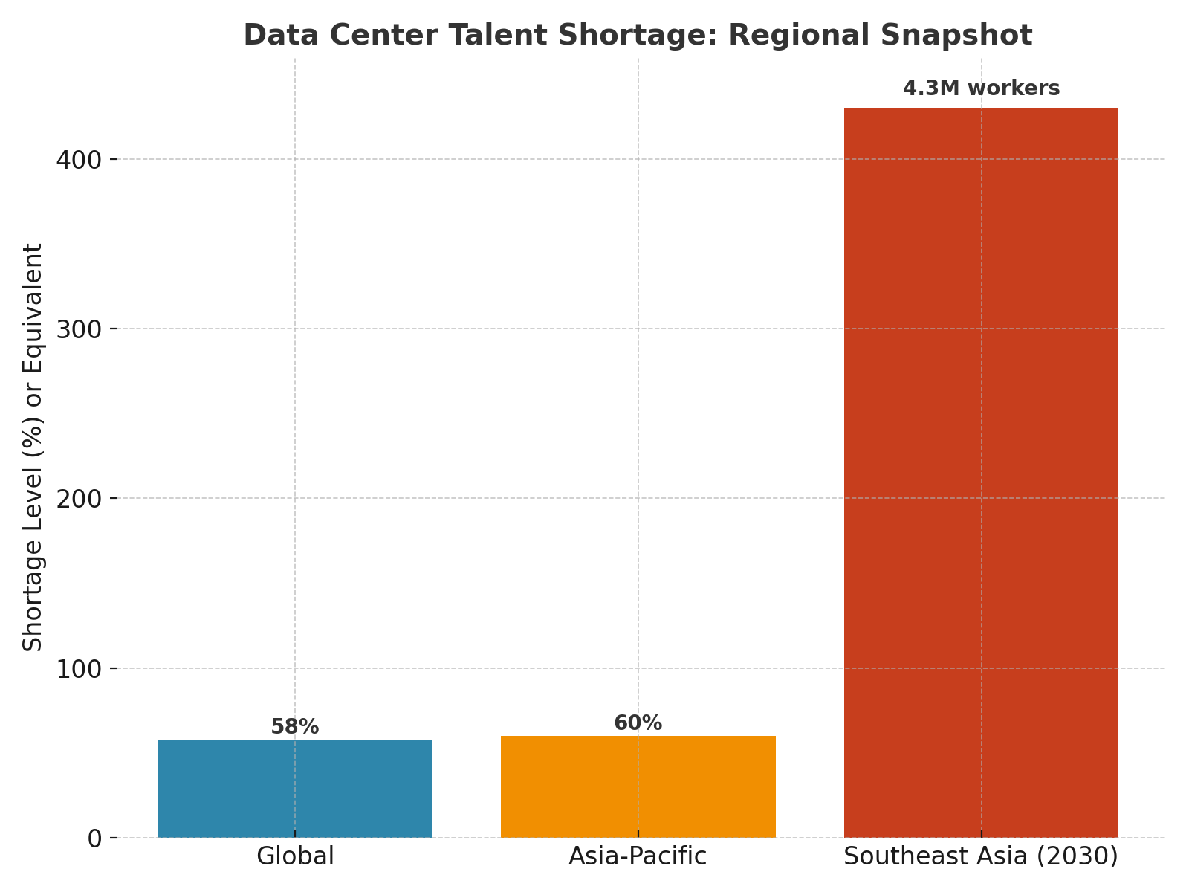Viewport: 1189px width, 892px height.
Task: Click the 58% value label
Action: [x=295, y=727]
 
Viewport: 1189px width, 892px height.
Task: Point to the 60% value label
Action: [x=638, y=723]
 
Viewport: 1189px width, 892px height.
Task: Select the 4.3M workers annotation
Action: [x=981, y=88]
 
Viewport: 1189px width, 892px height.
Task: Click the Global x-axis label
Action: [x=295, y=856]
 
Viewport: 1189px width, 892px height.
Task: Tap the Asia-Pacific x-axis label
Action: [x=638, y=856]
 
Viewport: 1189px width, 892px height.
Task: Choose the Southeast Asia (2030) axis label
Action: [x=981, y=856]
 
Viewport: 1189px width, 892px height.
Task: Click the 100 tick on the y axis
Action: [x=80, y=669]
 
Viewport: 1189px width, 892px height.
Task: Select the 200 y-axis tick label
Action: [x=80, y=499]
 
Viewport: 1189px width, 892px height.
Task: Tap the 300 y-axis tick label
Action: [x=80, y=329]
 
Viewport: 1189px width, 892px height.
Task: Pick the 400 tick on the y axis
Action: [x=80, y=160]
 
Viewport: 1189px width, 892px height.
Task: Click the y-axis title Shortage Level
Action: [x=33, y=447]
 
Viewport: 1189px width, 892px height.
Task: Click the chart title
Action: [x=638, y=36]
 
